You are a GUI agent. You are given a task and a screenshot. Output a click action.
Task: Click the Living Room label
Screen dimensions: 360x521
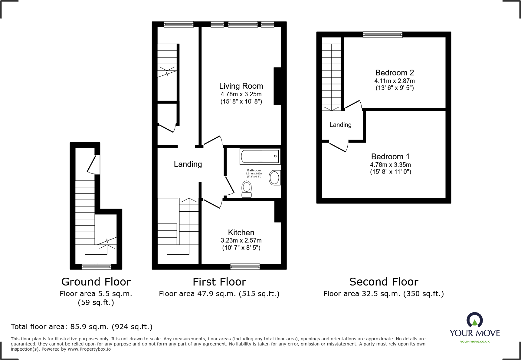241,86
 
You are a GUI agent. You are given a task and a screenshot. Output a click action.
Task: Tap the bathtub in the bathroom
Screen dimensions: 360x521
260,156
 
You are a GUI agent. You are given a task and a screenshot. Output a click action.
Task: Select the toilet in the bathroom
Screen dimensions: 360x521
247,189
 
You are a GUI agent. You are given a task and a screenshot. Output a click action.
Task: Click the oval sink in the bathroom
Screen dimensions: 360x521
274,178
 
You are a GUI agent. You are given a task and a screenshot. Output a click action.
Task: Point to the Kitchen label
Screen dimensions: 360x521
241,233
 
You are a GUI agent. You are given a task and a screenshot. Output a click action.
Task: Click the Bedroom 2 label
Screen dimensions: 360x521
394,73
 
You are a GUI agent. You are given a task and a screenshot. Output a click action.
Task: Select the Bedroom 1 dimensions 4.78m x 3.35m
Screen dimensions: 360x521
390,165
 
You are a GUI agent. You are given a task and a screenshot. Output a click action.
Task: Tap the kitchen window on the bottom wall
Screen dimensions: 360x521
245,266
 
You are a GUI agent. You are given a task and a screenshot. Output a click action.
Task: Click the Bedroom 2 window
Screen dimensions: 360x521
382,35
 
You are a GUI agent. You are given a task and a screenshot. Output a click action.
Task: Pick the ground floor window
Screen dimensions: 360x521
96,267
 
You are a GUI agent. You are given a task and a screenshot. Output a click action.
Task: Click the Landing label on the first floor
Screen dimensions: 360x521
188,164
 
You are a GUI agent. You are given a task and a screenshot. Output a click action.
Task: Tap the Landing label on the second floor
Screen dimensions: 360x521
340,125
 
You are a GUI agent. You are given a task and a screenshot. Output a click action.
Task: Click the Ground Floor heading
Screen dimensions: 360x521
96,282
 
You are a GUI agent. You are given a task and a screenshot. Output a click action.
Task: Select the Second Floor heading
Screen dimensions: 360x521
383,282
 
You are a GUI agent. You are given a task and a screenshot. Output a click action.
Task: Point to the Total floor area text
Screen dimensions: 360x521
81,327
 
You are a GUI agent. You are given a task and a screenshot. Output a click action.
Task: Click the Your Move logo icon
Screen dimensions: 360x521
474,320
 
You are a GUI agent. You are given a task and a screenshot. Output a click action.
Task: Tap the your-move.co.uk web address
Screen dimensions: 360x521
474,342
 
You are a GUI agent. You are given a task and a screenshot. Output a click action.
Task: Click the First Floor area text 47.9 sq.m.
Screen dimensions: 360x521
219,294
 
